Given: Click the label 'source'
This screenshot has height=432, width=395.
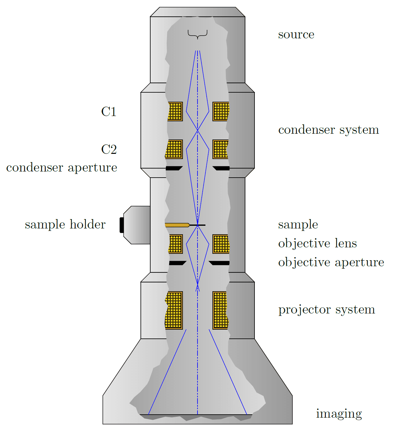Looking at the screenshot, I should pyautogui.click(x=296, y=35).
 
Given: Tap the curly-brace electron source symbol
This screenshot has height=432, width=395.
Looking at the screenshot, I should pyautogui.click(x=197, y=34).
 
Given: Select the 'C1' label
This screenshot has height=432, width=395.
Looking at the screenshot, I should pyautogui.click(x=109, y=112).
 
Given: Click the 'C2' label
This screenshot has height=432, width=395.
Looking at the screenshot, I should pyautogui.click(x=109, y=150).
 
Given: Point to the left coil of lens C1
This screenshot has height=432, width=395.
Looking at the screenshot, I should pyautogui.click(x=175, y=112).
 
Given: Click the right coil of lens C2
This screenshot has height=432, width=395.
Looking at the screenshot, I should pyautogui.click(x=221, y=149).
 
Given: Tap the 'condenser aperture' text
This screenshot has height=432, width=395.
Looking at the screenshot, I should pyautogui.click(x=62, y=168).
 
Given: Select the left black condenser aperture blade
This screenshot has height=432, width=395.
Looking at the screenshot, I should pyautogui.click(x=174, y=168).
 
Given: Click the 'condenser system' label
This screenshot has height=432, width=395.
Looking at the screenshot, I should pyautogui.click(x=328, y=130).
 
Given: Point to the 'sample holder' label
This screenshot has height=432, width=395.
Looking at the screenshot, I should pyautogui.click(x=65, y=225).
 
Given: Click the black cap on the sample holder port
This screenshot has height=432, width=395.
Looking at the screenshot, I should pyautogui.click(x=121, y=225).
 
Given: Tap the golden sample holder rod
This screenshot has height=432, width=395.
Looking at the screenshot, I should pyautogui.click(x=177, y=225).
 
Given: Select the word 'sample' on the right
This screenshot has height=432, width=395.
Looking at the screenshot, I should pyautogui.click(x=298, y=225).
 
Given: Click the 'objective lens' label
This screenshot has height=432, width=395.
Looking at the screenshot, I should pyautogui.click(x=317, y=243).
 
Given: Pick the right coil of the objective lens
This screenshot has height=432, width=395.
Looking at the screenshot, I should pyautogui.click(x=221, y=244).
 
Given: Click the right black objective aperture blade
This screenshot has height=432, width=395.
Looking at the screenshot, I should pyautogui.click(x=219, y=263).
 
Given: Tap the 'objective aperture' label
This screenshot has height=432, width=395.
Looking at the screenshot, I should pyautogui.click(x=331, y=262).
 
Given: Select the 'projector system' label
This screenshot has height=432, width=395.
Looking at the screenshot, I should pyautogui.click(x=326, y=310).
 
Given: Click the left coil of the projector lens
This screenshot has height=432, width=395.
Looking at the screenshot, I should pyautogui.click(x=174, y=310).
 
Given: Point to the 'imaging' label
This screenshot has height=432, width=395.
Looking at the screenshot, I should pyautogui.click(x=339, y=414).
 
